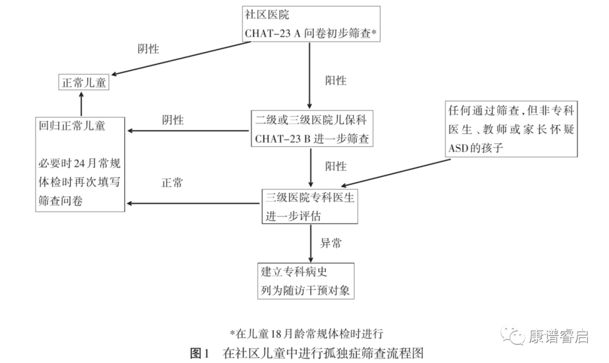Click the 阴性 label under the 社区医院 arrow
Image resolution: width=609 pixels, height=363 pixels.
(x=148, y=49)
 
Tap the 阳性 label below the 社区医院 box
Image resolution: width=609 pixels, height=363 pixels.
(x=336, y=81)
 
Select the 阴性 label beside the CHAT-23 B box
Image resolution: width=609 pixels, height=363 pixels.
(x=173, y=119)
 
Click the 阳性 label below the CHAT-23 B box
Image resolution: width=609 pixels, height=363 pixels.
(x=336, y=166)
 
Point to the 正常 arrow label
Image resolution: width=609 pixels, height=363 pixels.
(x=172, y=183)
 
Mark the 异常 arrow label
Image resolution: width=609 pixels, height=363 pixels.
(x=331, y=243)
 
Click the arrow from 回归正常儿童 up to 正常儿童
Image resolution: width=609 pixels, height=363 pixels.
(x=81, y=104)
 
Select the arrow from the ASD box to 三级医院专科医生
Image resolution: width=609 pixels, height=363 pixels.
(x=396, y=173)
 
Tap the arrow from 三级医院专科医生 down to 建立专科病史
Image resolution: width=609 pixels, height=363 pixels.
(x=311, y=244)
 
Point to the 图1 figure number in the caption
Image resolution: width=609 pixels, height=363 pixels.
(x=200, y=353)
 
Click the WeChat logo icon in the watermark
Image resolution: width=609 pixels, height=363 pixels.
(x=512, y=335)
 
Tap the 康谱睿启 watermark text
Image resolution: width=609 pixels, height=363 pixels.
(x=558, y=336)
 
